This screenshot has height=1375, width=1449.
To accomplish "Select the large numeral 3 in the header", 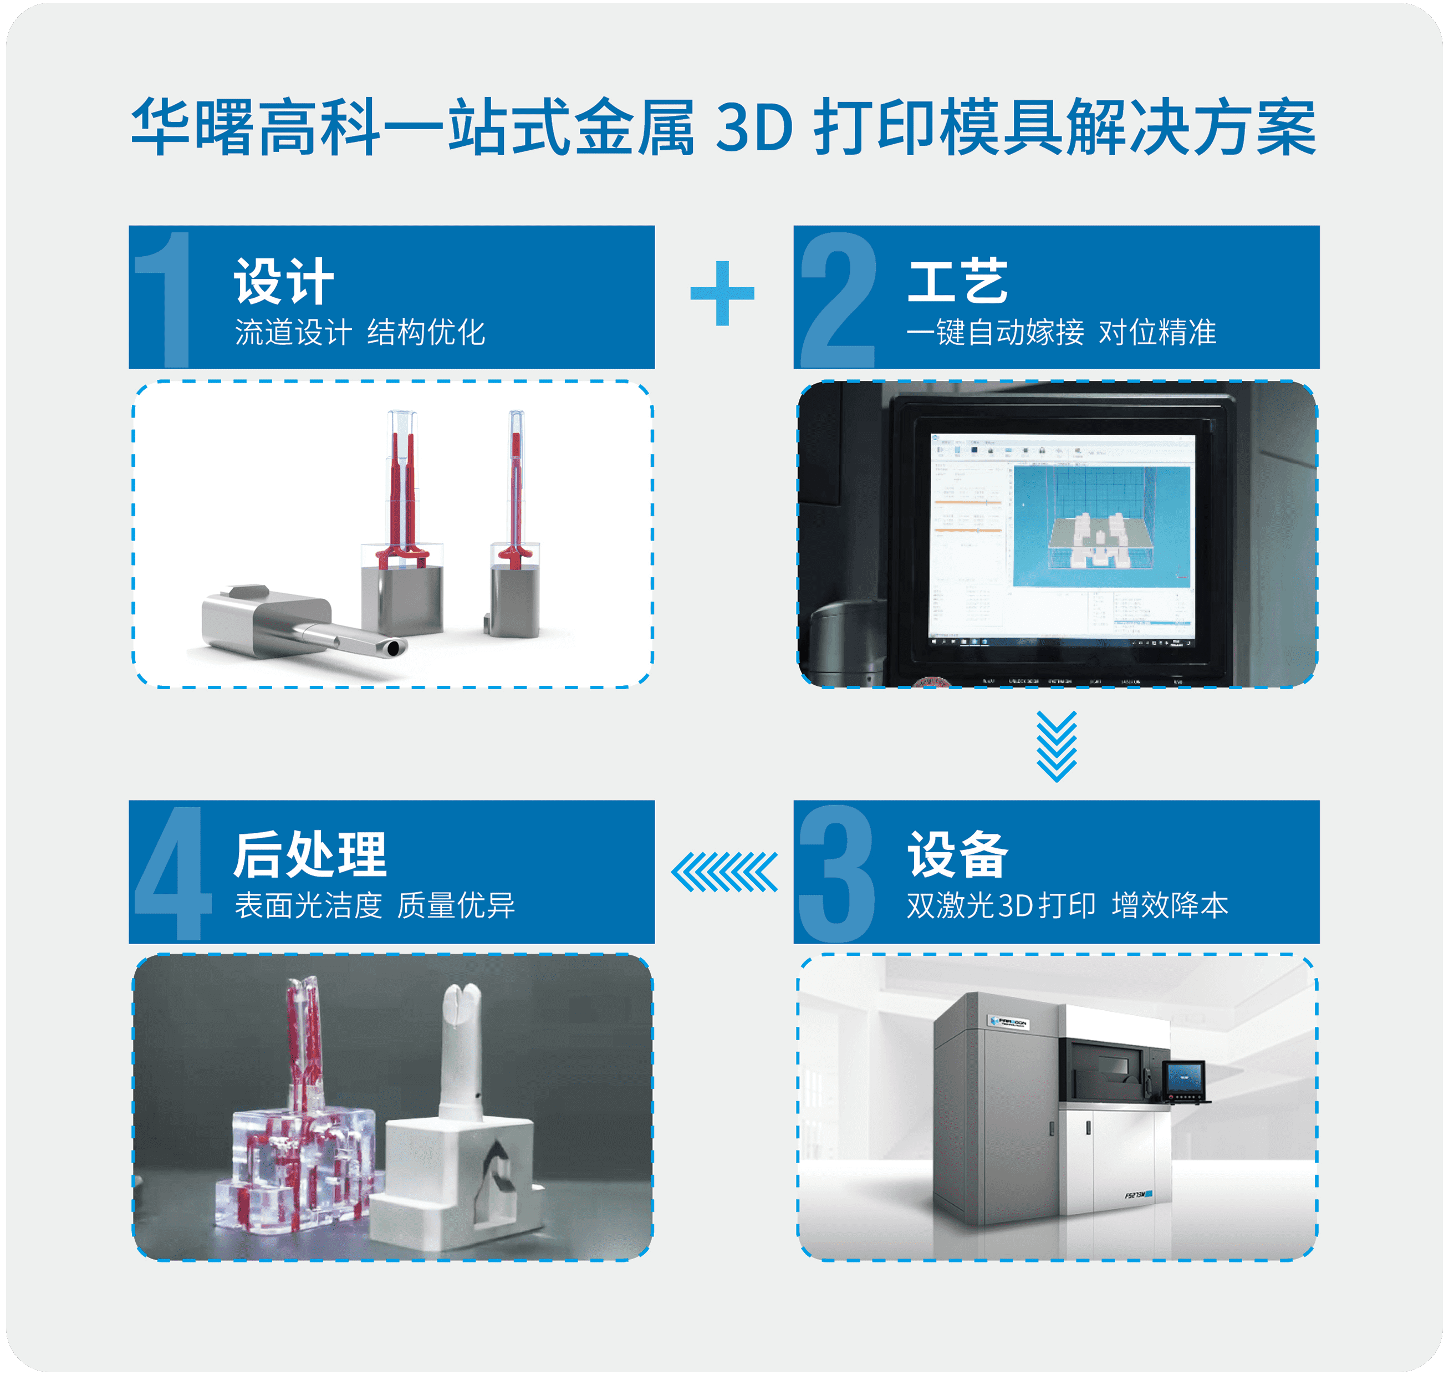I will (x=837, y=872).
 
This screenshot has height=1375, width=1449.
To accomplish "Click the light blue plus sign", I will (x=722, y=293).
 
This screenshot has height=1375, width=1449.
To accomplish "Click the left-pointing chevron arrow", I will (x=724, y=872).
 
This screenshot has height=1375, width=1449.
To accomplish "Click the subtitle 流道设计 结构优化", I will (x=360, y=332).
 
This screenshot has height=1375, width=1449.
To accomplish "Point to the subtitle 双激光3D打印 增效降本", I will (x=1067, y=905).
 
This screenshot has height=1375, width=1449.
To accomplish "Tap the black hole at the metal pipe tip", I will (x=395, y=648).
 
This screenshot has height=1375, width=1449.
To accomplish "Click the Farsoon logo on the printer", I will (x=1009, y=1022).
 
